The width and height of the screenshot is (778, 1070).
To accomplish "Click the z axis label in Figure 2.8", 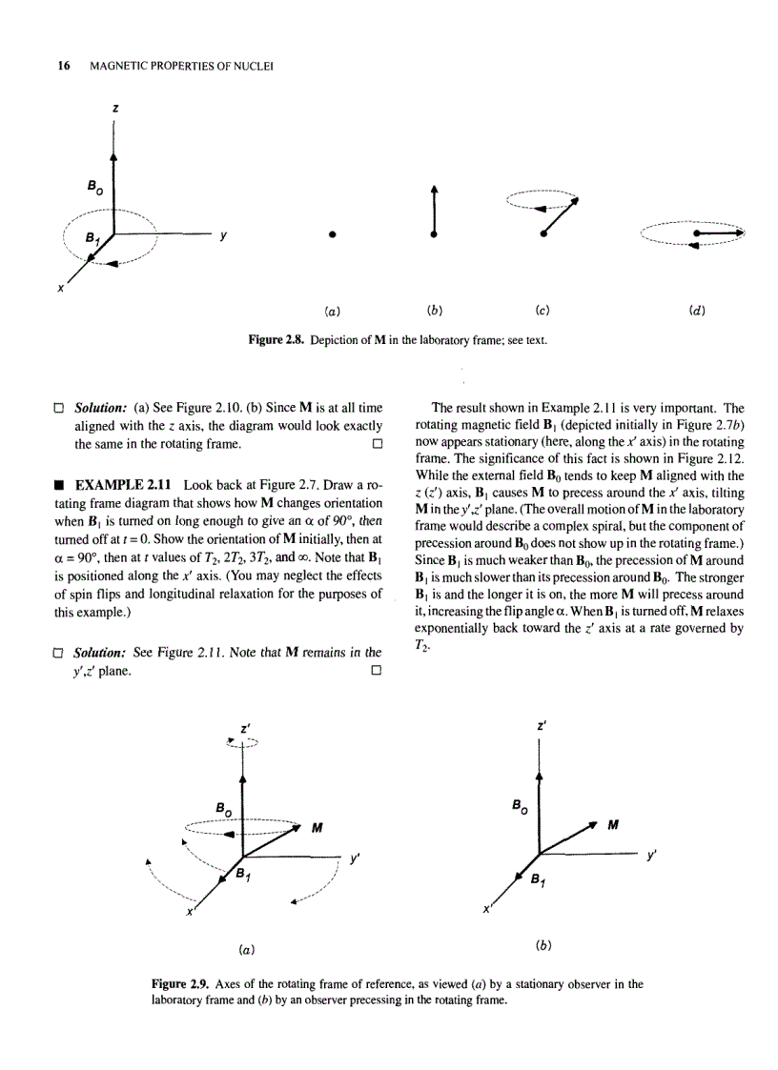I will pyautogui.click(x=114, y=110).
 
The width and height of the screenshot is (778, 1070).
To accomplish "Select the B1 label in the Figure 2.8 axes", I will pyautogui.click(x=91, y=238).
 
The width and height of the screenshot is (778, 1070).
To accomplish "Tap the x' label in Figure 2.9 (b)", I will pyautogui.click(x=487, y=909).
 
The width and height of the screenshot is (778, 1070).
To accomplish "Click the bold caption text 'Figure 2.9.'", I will pyautogui.click(x=181, y=984).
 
